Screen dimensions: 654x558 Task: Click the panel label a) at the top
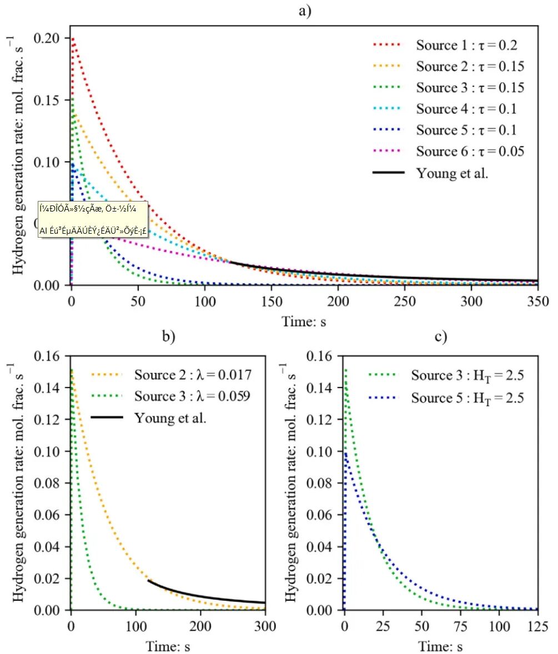click(304, 11)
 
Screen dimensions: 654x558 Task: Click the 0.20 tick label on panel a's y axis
click(49, 39)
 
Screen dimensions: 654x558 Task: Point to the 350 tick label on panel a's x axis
click(537, 301)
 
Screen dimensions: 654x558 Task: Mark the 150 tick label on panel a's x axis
click(271, 301)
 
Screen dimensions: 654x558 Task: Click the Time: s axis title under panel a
click(304, 320)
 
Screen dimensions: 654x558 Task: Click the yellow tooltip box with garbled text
click(93, 219)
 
